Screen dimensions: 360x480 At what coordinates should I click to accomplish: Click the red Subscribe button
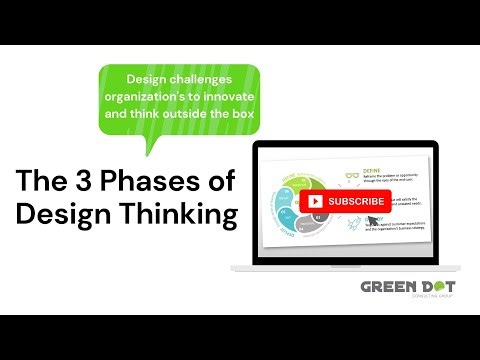345,201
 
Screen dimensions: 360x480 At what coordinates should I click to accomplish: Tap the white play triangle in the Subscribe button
316,201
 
